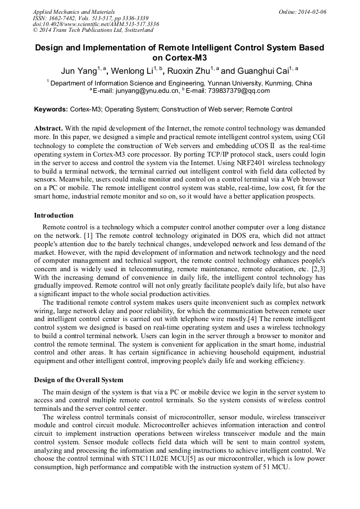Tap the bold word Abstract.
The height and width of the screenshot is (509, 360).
(49, 128)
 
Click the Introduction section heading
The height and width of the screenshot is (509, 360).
(54, 215)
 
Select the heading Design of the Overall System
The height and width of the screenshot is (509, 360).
(79, 380)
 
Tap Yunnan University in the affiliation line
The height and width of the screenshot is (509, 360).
(239, 83)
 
